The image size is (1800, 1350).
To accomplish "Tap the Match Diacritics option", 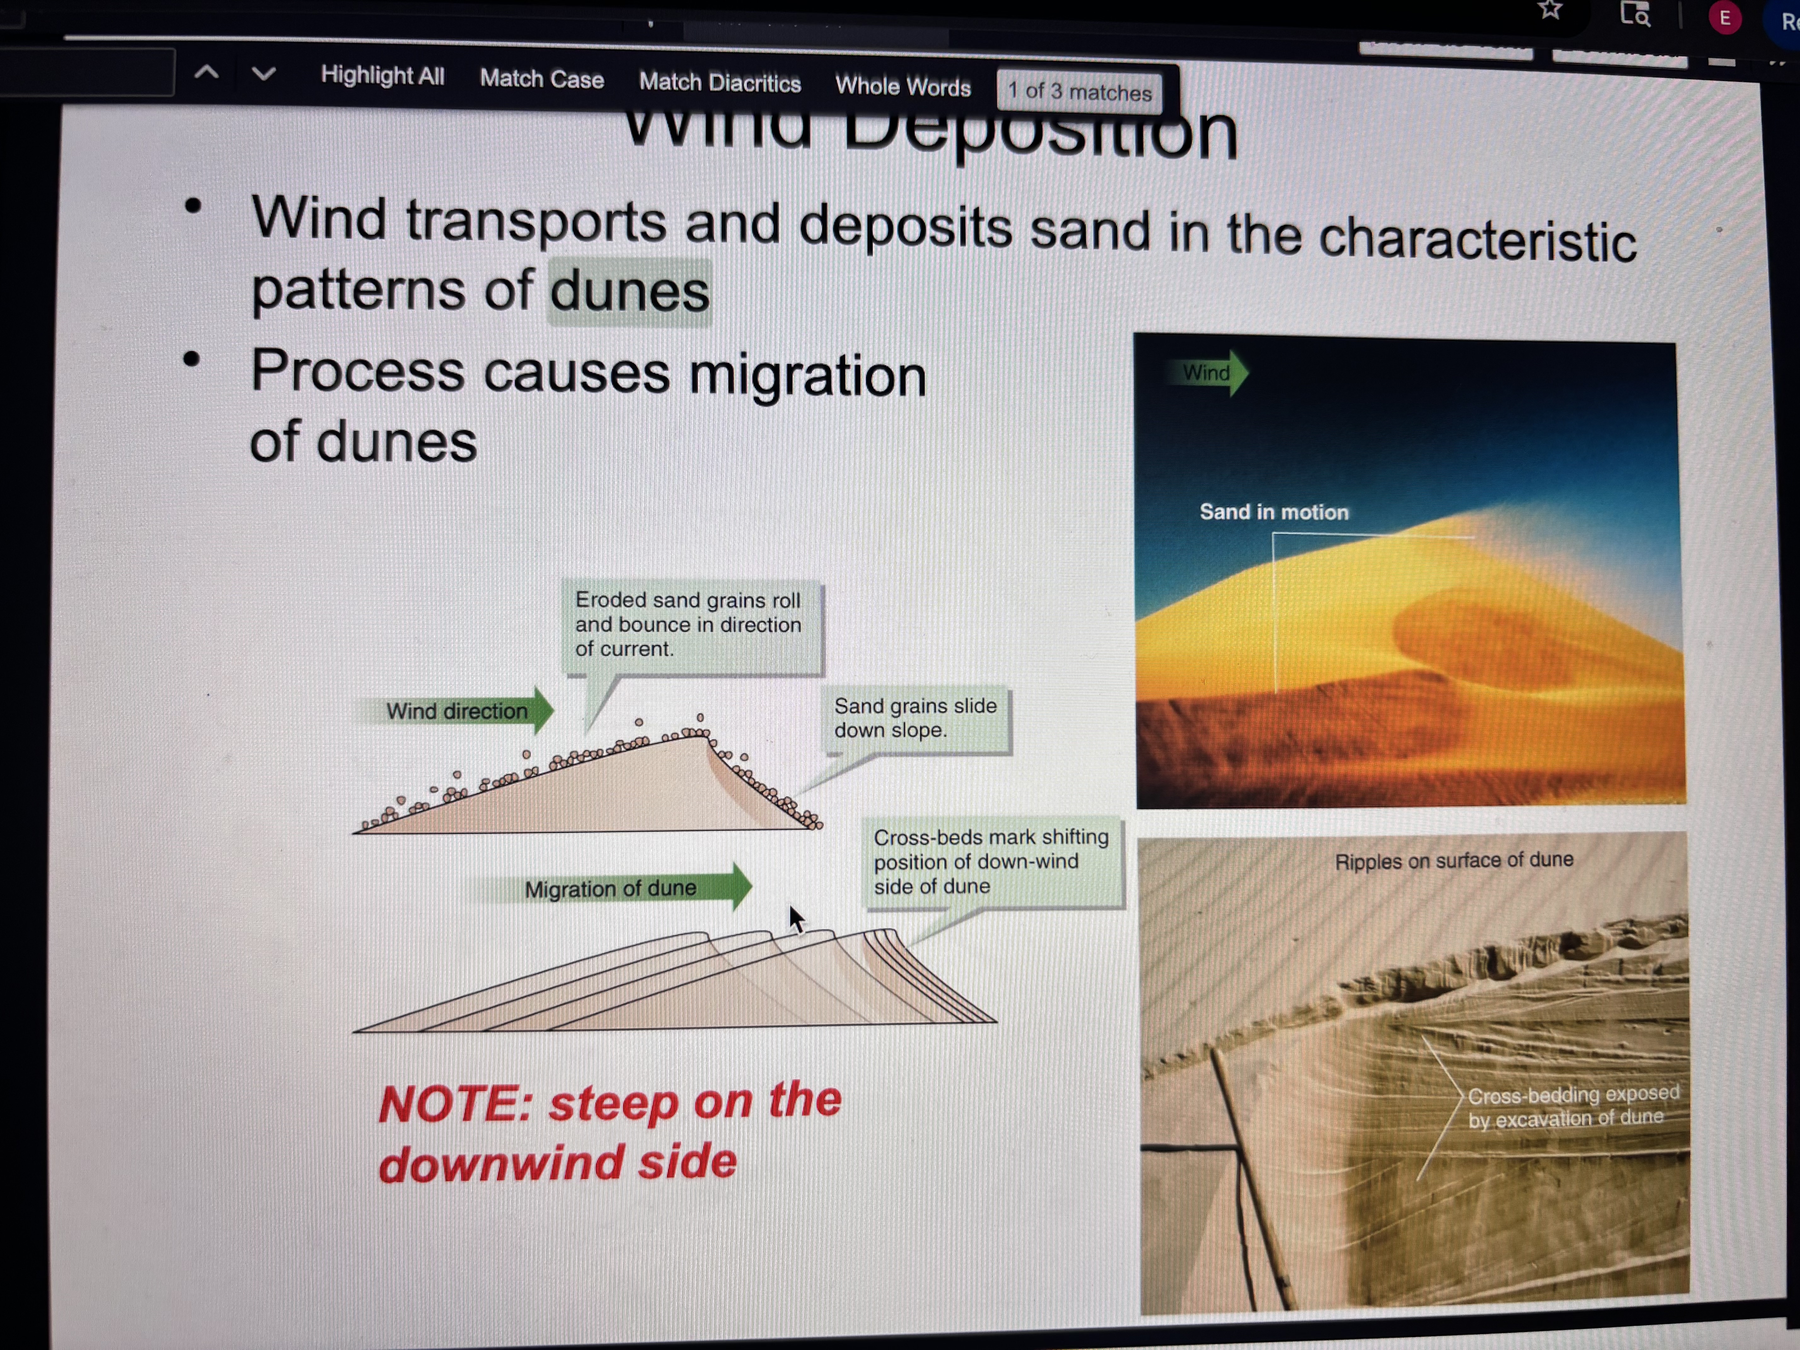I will pyautogui.click(x=719, y=82).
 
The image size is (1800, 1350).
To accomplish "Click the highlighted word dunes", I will pyautogui.click(x=629, y=291).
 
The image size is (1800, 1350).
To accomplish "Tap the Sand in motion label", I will pyautogui.click(x=1273, y=512).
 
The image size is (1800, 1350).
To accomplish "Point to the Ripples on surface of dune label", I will pyautogui.click(x=1453, y=860).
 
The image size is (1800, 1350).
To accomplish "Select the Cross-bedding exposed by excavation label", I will pyautogui.click(x=1572, y=1106).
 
